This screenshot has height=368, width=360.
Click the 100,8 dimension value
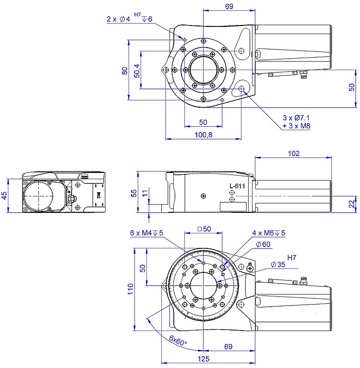[204, 135]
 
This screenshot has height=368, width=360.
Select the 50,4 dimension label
[136, 70]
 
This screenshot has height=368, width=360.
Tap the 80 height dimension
[125, 71]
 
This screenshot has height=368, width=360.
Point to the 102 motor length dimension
[293, 153]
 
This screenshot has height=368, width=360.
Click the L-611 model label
[238, 185]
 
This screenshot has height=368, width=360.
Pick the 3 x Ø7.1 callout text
[296, 118]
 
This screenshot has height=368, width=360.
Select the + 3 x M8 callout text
[296, 126]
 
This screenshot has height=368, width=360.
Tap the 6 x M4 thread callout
[146, 233]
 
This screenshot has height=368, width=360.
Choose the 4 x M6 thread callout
[268, 233]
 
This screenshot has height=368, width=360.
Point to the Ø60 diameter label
[263, 245]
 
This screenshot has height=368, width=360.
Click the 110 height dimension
[131, 289]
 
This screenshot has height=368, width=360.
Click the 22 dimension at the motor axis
[352, 204]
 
